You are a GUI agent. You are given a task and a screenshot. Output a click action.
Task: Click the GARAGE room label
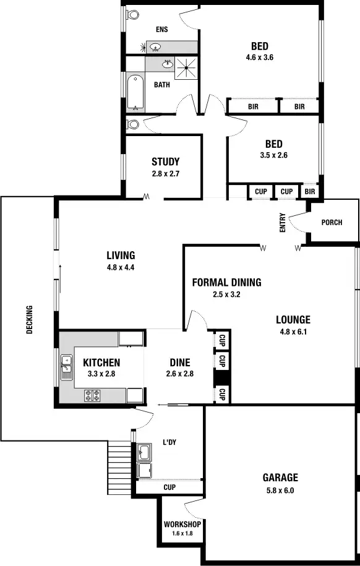pos(280,478)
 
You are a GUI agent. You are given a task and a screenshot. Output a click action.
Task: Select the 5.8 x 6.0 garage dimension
pos(280,491)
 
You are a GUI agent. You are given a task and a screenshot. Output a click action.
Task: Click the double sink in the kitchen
pos(66,367)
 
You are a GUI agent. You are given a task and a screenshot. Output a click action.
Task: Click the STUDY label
pos(165,162)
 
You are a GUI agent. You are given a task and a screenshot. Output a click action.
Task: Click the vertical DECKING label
pos(29,320)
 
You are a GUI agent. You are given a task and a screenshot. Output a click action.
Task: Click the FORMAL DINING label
pos(226,283)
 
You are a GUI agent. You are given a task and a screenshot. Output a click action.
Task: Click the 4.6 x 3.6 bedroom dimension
pos(259,58)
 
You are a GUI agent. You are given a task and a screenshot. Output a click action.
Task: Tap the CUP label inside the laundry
pos(169,487)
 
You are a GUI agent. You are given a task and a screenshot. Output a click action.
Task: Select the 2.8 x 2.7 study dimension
pos(165,174)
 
